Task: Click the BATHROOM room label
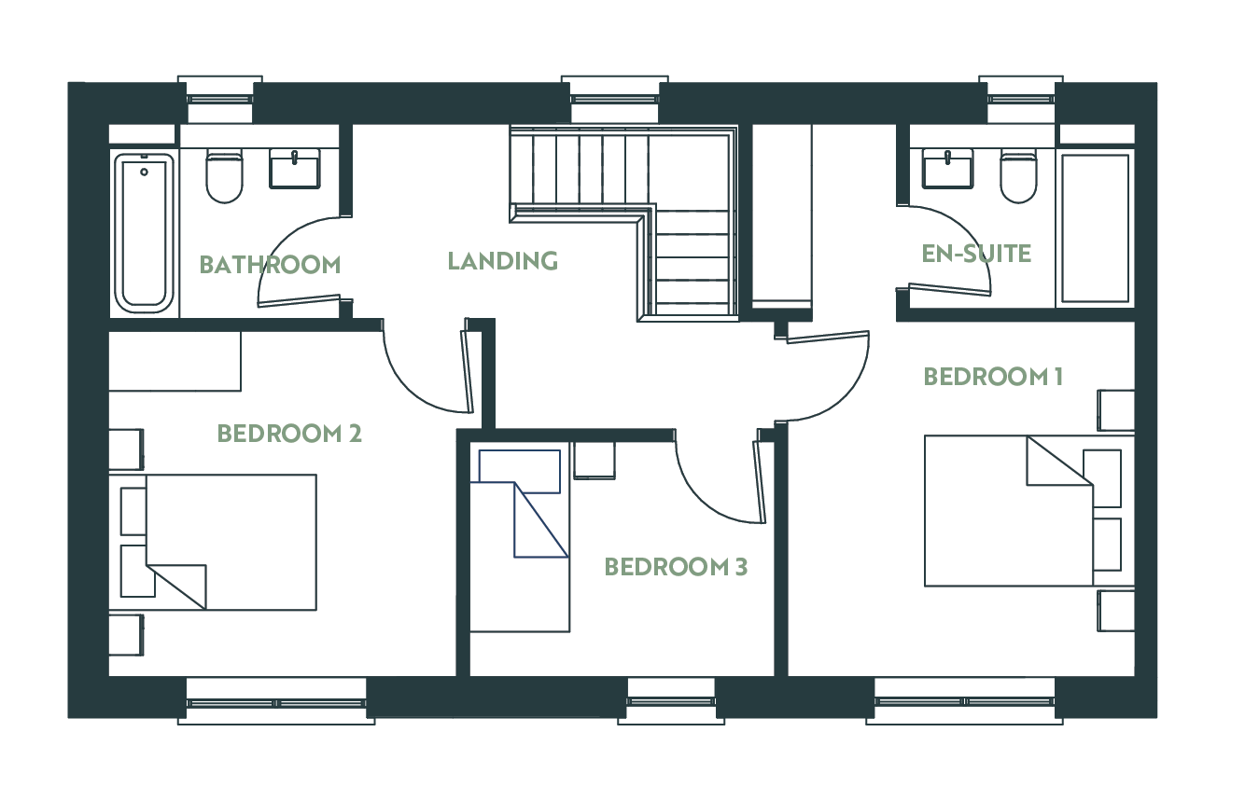click(x=270, y=265)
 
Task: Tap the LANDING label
click(x=502, y=261)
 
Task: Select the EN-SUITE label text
click(x=976, y=254)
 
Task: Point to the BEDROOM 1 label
click(x=993, y=377)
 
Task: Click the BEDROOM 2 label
click(x=289, y=434)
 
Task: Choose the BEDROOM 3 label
click(x=676, y=567)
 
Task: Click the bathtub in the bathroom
click(x=144, y=232)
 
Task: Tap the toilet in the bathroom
click(x=224, y=175)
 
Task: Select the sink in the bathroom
click(x=295, y=169)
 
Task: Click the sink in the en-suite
click(x=947, y=169)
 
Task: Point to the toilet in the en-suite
click(x=1018, y=176)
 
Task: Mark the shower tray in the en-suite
click(x=1095, y=228)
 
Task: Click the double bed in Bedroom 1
click(x=1009, y=511)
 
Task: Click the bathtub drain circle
click(x=145, y=172)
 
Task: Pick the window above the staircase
click(x=615, y=100)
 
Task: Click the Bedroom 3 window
click(x=671, y=701)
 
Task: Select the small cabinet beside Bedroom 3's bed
click(x=595, y=461)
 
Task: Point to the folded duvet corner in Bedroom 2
click(x=176, y=587)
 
